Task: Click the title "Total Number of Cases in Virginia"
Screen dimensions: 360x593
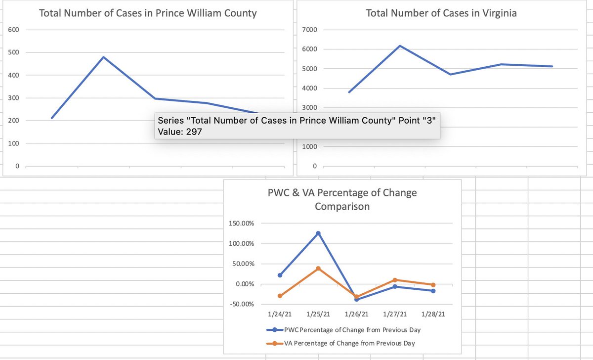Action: pos(441,13)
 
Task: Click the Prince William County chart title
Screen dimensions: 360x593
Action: pos(148,13)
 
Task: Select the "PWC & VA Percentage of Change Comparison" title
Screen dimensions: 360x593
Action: pos(342,199)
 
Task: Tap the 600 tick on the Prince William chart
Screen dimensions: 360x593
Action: pos(13,30)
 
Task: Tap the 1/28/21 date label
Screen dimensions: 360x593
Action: pos(433,314)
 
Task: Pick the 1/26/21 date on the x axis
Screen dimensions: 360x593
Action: pos(356,314)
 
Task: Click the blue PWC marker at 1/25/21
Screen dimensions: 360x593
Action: pos(318,233)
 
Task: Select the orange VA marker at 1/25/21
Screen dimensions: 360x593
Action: pos(318,269)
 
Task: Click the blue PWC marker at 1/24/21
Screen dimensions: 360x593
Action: pos(280,275)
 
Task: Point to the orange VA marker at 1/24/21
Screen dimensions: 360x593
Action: pos(280,296)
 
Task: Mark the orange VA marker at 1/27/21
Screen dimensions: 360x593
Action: pos(395,280)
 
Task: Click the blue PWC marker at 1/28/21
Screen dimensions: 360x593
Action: pos(433,291)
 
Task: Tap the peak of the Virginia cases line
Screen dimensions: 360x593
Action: pos(399,46)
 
